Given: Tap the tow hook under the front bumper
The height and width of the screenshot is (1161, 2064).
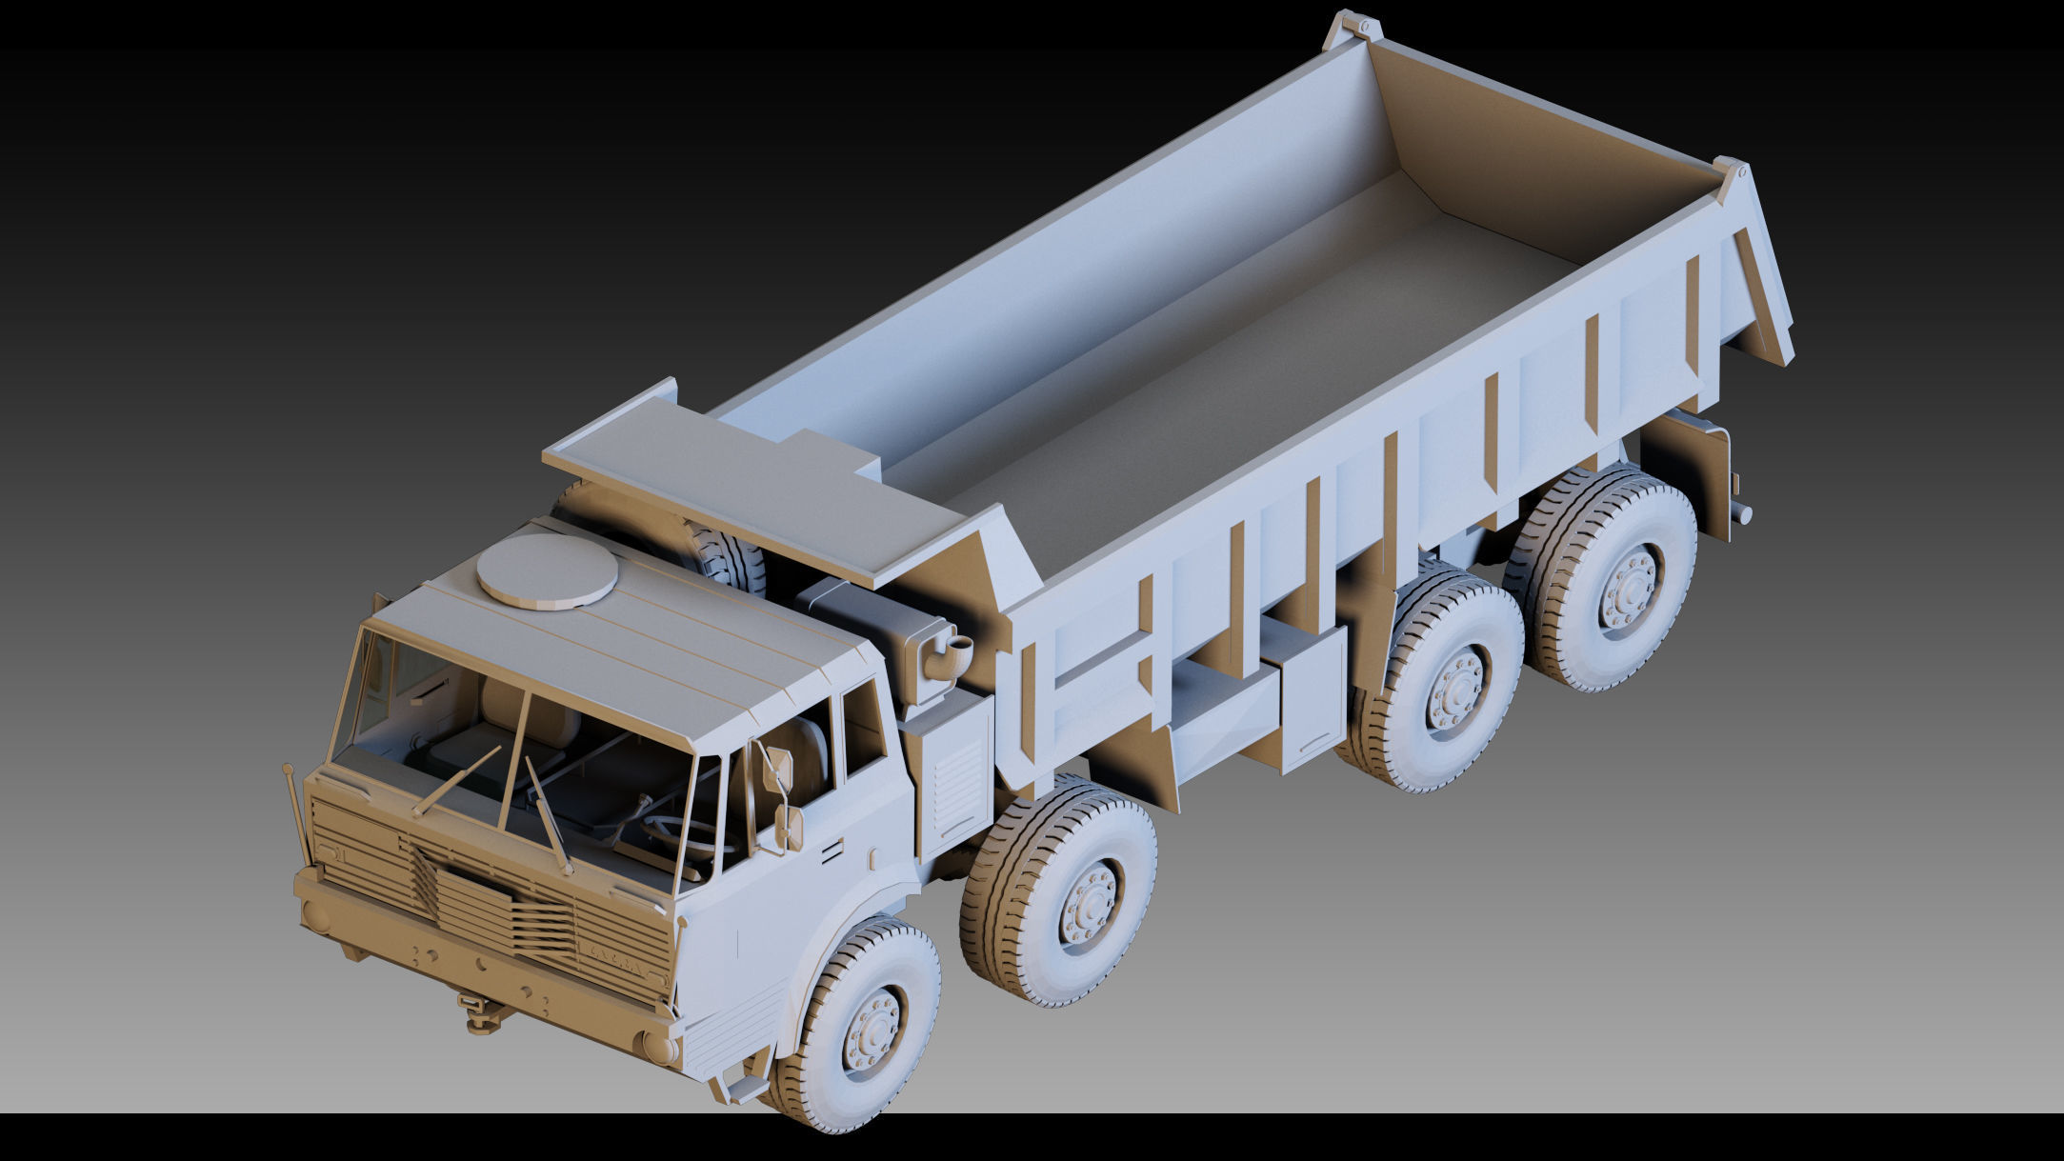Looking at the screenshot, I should pyautogui.click(x=481, y=1011).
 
